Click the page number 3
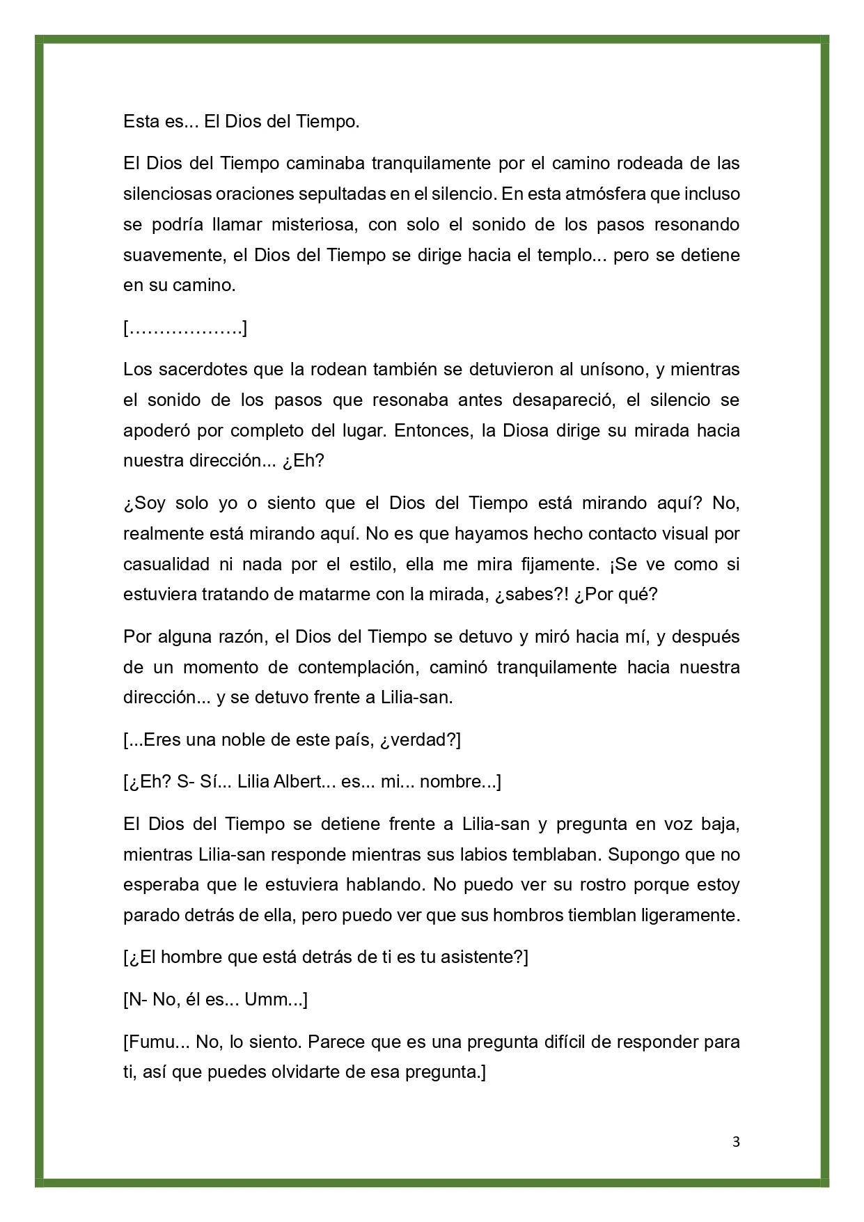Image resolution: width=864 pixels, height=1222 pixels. [737, 1142]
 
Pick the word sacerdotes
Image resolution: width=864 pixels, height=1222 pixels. [210, 369]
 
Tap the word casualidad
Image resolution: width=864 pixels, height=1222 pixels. [165, 564]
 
